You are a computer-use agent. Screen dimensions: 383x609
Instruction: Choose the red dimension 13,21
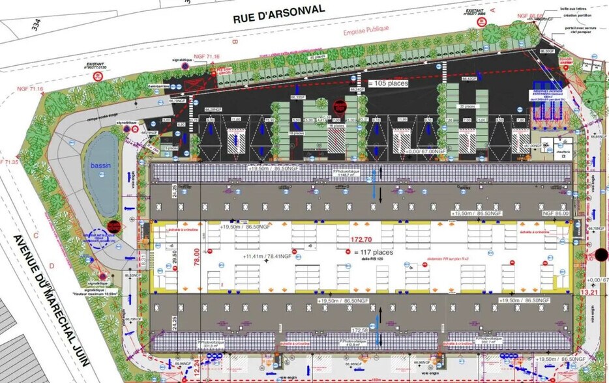tap(587, 292)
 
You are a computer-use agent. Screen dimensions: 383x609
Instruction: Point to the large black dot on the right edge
tap(602, 255)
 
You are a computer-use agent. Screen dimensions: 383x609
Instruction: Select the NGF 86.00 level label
tap(556, 213)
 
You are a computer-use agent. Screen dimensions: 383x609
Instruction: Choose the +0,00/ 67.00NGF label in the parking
tap(425, 151)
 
